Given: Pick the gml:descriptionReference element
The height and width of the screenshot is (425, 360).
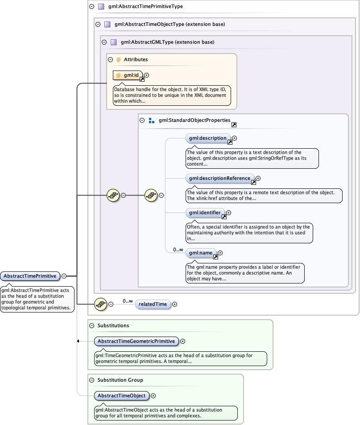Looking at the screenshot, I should (x=220, y=179).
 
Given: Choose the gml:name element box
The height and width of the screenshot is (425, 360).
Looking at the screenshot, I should (x=201, y=253).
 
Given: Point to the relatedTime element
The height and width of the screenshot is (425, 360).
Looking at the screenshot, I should (x=153, y=304).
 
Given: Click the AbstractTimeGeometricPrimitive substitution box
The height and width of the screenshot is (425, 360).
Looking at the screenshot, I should (x=137, y=342).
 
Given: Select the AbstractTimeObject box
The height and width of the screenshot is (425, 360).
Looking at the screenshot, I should (x=121, y=396).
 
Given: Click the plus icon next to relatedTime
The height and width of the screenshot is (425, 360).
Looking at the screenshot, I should (x=174, y=304).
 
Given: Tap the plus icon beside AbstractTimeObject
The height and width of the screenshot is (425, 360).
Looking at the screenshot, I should (x=153, y=396).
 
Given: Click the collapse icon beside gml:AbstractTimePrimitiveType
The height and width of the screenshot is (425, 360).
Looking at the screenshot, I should (x=91, y=7).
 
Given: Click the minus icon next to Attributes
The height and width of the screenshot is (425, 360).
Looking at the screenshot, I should (x=110, y=59).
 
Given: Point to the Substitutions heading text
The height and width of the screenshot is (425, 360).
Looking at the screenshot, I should (x=113, y=326).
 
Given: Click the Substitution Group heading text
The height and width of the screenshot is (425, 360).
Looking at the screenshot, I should (x=120, y=380).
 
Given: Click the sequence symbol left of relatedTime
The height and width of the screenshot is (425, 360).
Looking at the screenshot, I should (x=101, y=304).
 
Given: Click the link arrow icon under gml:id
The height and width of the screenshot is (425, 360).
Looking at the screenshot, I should (x=142, y=79).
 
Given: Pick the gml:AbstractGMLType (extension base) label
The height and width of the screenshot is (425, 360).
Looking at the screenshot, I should (x=167, y=42).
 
